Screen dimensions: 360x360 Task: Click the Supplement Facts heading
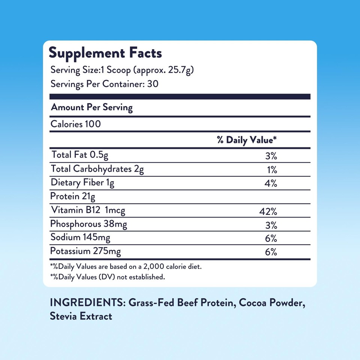(105, 53)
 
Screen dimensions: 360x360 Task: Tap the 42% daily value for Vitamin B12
(268, 212)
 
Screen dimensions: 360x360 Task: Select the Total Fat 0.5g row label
(79, 154)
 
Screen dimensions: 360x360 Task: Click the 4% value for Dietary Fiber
(271, 184)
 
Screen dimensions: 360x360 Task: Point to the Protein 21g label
(70, 196)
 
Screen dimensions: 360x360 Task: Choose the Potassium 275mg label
(86, 251)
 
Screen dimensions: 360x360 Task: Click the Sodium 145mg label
(81, 237)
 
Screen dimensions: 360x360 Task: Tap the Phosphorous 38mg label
(89, 224)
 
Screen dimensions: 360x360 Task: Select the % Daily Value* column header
(247, 140)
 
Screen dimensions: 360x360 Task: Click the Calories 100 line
(76, 124)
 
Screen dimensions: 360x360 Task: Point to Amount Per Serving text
(92, 108)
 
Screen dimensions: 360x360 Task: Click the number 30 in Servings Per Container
(153, 84)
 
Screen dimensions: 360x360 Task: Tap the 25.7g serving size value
(179, 70)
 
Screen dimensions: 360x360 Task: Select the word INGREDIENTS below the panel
(86, 303)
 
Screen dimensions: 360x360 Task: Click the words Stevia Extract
(81, 316)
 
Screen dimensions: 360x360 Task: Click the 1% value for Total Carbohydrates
(272, 170)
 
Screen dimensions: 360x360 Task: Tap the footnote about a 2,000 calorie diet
(127, 267)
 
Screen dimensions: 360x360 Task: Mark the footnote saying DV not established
(107, 278)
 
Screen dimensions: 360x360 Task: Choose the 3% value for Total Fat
(271, 156)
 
